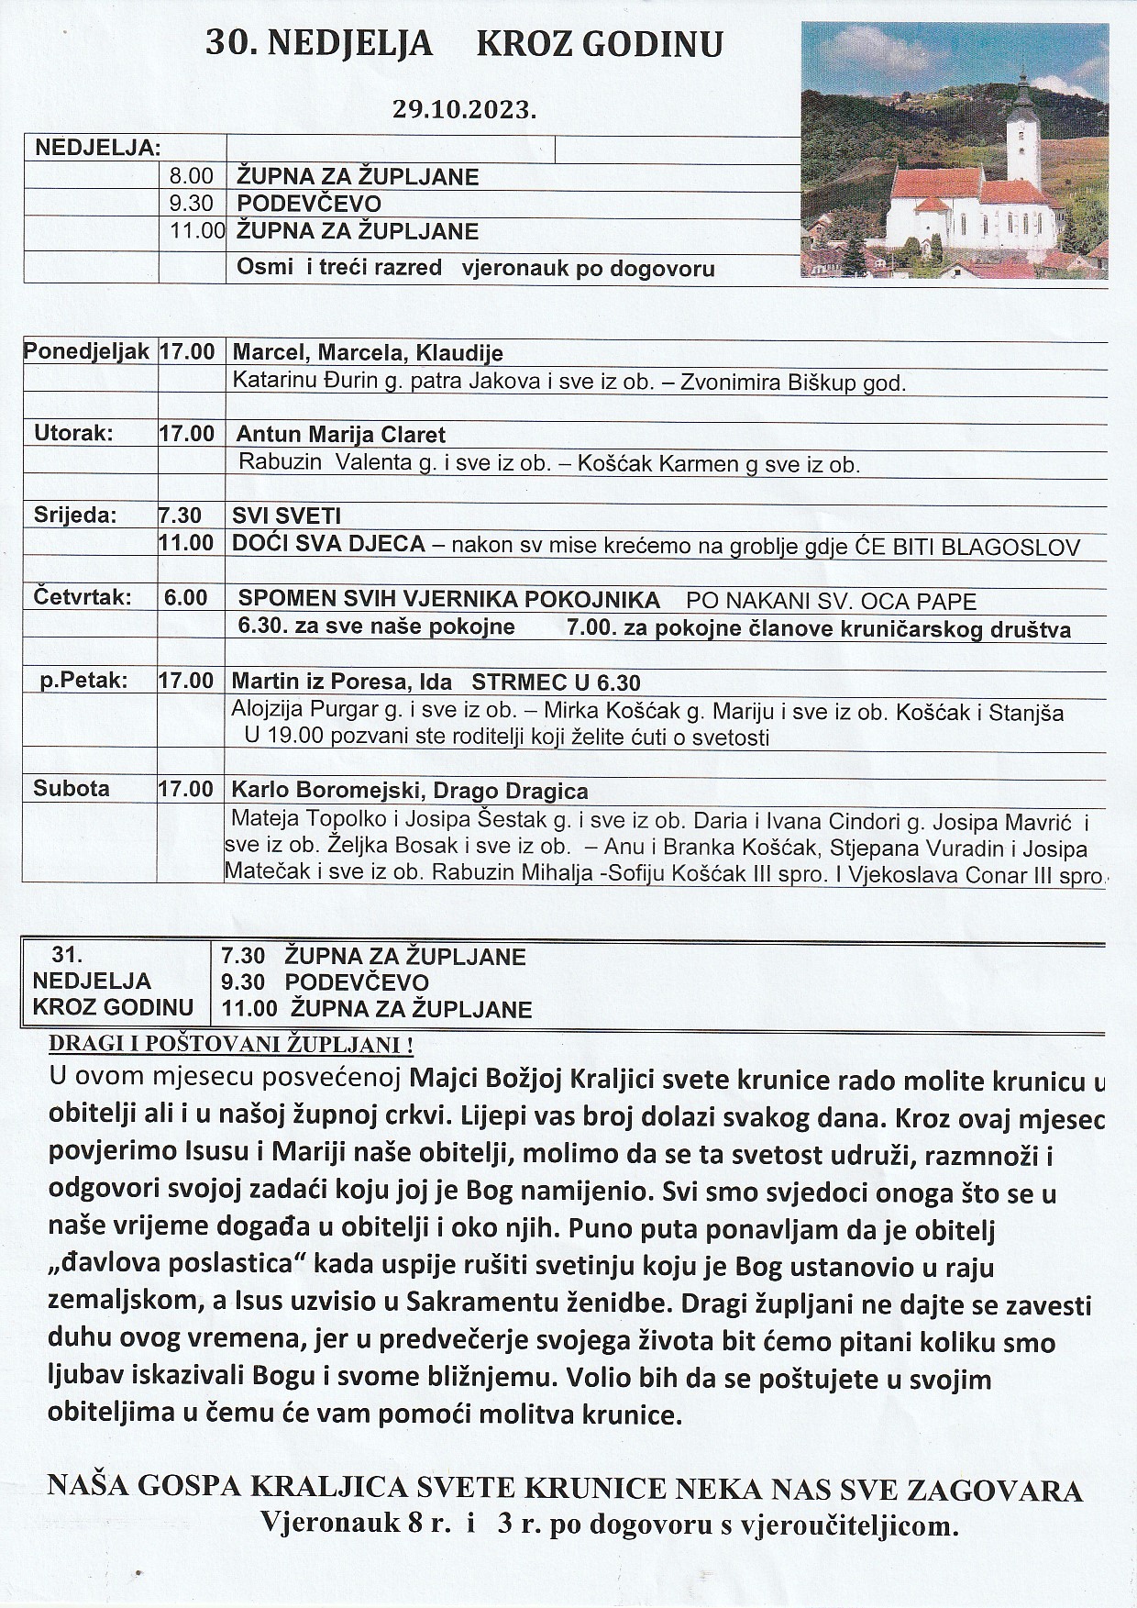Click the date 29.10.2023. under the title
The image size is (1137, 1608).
(x=464, y=110)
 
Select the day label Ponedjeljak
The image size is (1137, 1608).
(x=86, y=351)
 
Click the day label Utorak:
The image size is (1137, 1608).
(x=73, y=433)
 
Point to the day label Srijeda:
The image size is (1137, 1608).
(x=75, y=515)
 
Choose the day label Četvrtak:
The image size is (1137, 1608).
(x=83, y=598)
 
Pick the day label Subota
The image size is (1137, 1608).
(x=72, y=789)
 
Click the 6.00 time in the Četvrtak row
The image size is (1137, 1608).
(x=186, y=598)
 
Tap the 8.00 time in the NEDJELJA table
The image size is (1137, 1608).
(x=191, y=176)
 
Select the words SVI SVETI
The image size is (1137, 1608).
(x=286, y=516)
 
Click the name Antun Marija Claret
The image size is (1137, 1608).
(x=340, y=435)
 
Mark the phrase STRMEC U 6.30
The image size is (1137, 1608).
(x=556, y=682)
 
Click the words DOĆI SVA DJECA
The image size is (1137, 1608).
(x=328, y=544)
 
